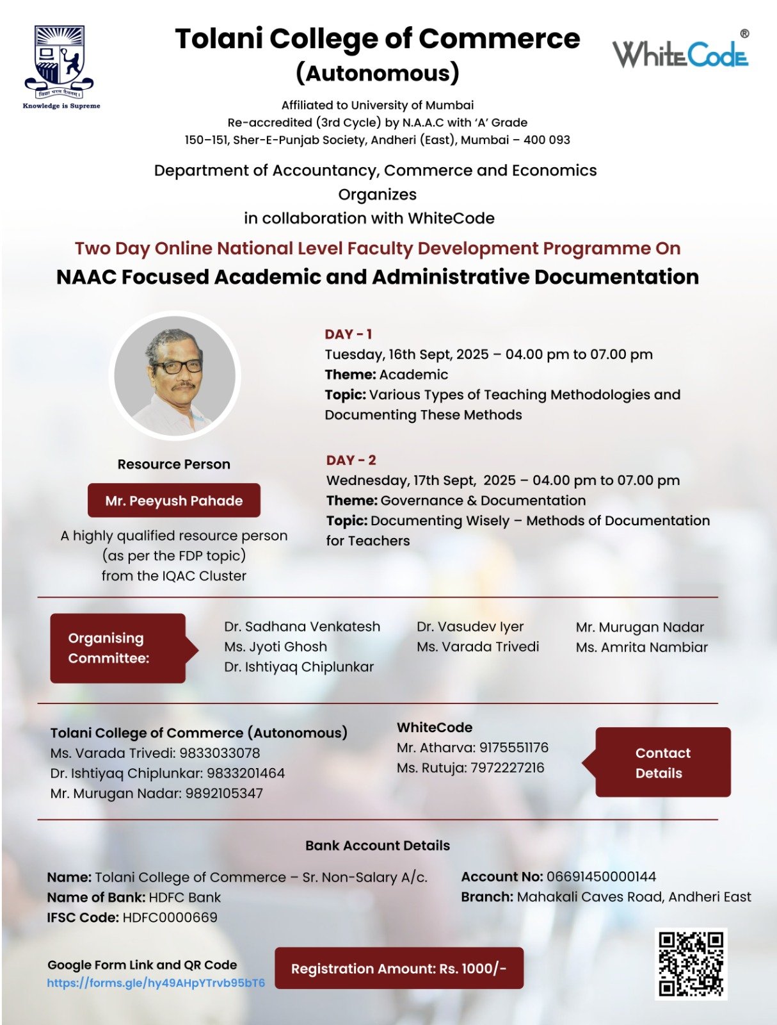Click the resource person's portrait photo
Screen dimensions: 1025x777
175,375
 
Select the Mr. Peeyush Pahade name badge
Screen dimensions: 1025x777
173,500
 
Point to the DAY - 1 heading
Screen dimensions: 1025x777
348,334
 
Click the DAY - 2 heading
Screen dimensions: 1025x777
351,460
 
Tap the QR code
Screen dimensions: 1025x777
691,963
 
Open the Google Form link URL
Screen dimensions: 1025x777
156,983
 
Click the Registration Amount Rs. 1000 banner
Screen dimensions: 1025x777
399,968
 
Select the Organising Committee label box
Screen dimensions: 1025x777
118,648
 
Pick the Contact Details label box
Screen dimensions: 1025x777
662,762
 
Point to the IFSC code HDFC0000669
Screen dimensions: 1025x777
170,917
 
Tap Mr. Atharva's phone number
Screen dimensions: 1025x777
513,747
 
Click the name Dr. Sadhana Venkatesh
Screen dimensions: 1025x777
302,627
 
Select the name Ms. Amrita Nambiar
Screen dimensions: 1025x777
641,647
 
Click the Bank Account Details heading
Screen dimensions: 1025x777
378,845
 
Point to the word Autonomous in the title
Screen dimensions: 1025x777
378,73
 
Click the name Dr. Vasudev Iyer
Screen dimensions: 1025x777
470,627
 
